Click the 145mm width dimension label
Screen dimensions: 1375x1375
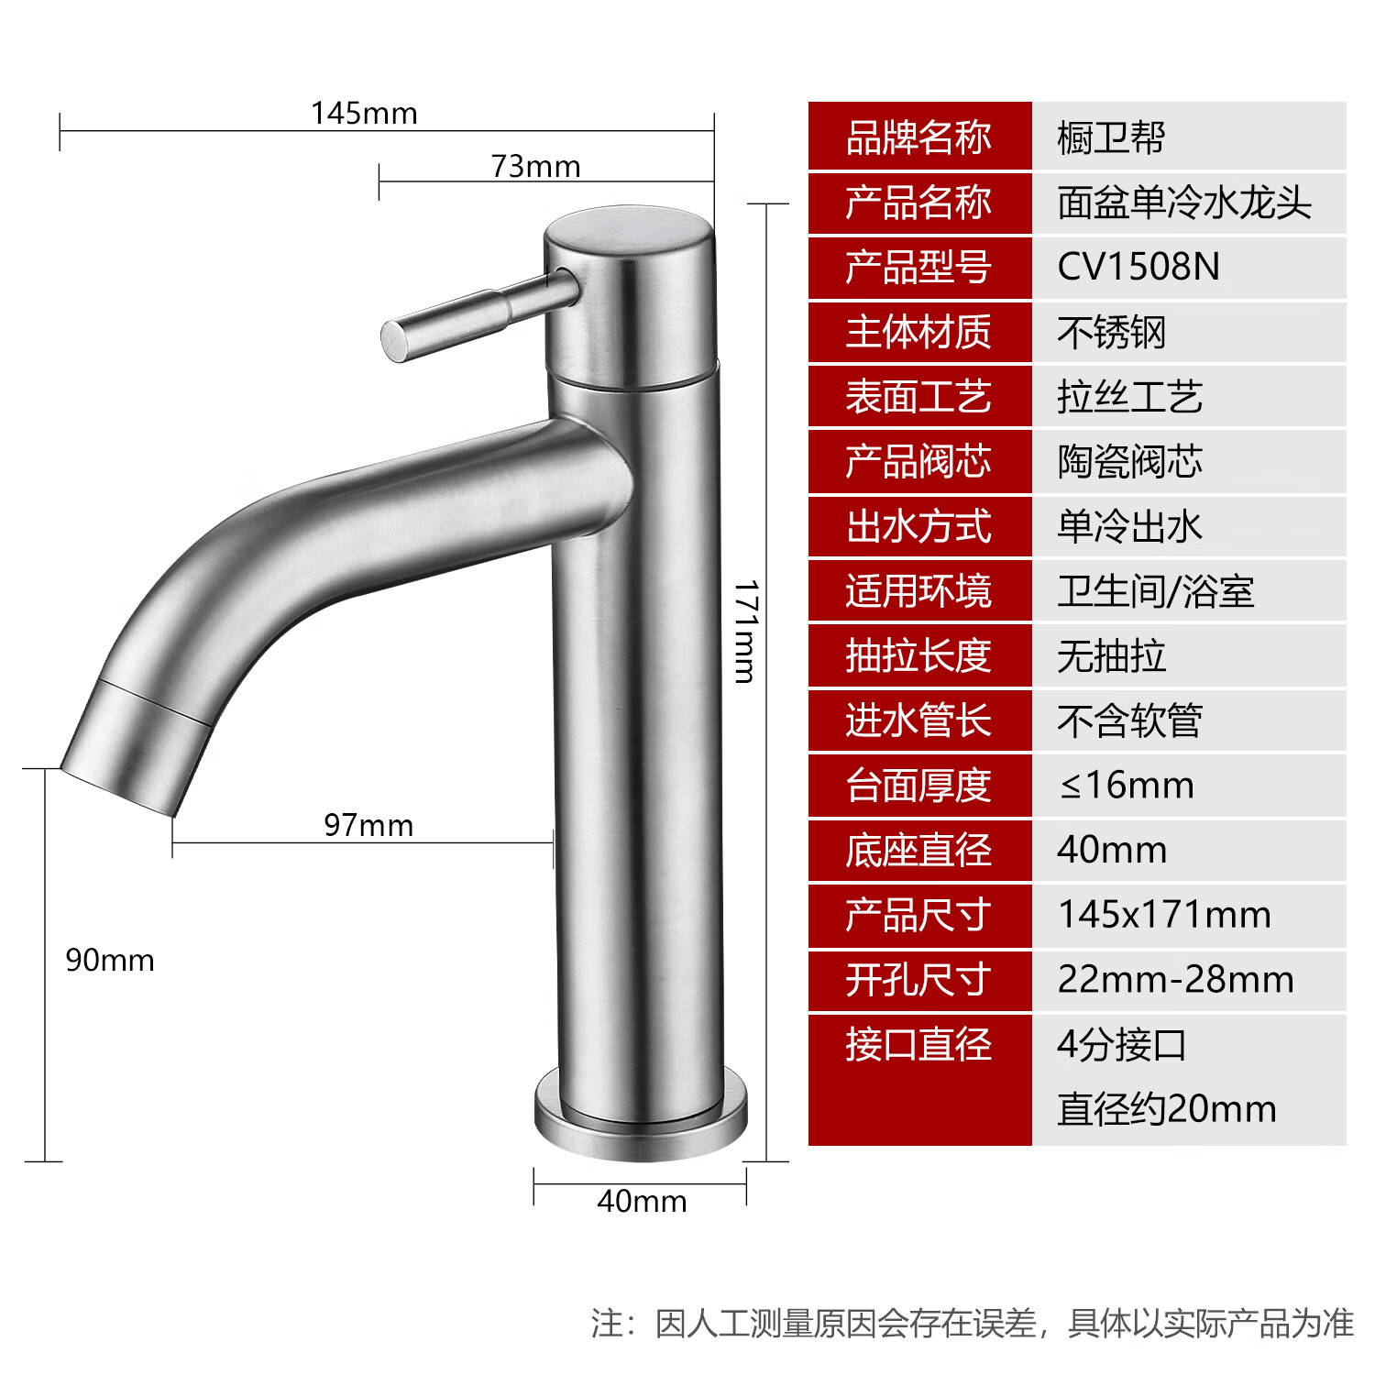[x=364, y=114]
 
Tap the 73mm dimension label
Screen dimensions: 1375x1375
[x=535, y=167]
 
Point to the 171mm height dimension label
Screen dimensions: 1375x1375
[x=746, y=632]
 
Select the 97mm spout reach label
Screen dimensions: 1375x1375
[x=368, y=825]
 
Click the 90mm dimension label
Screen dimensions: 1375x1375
[x=110, y=961]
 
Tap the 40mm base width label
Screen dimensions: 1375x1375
[x=642, y=1201]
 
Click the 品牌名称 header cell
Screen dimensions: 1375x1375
[x=918, y=137]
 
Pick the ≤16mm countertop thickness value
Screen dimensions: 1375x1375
[x=1127, y=786]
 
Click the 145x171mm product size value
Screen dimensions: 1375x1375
[x=1164, y=915]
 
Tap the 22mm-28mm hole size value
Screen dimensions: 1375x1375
[x=1175, y=980]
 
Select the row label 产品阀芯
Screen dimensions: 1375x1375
[x=918, y=462]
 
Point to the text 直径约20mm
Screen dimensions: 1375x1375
[x=1166, y=1109]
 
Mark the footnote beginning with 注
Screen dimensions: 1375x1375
[x=972, y=1323]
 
